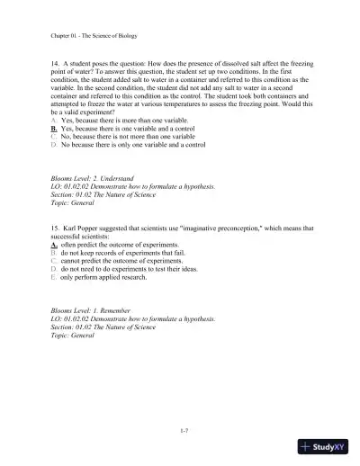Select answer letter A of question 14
[54, 144]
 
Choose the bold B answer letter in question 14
[54, 152]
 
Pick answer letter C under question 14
[54, 160]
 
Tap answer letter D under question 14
[54, 168]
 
